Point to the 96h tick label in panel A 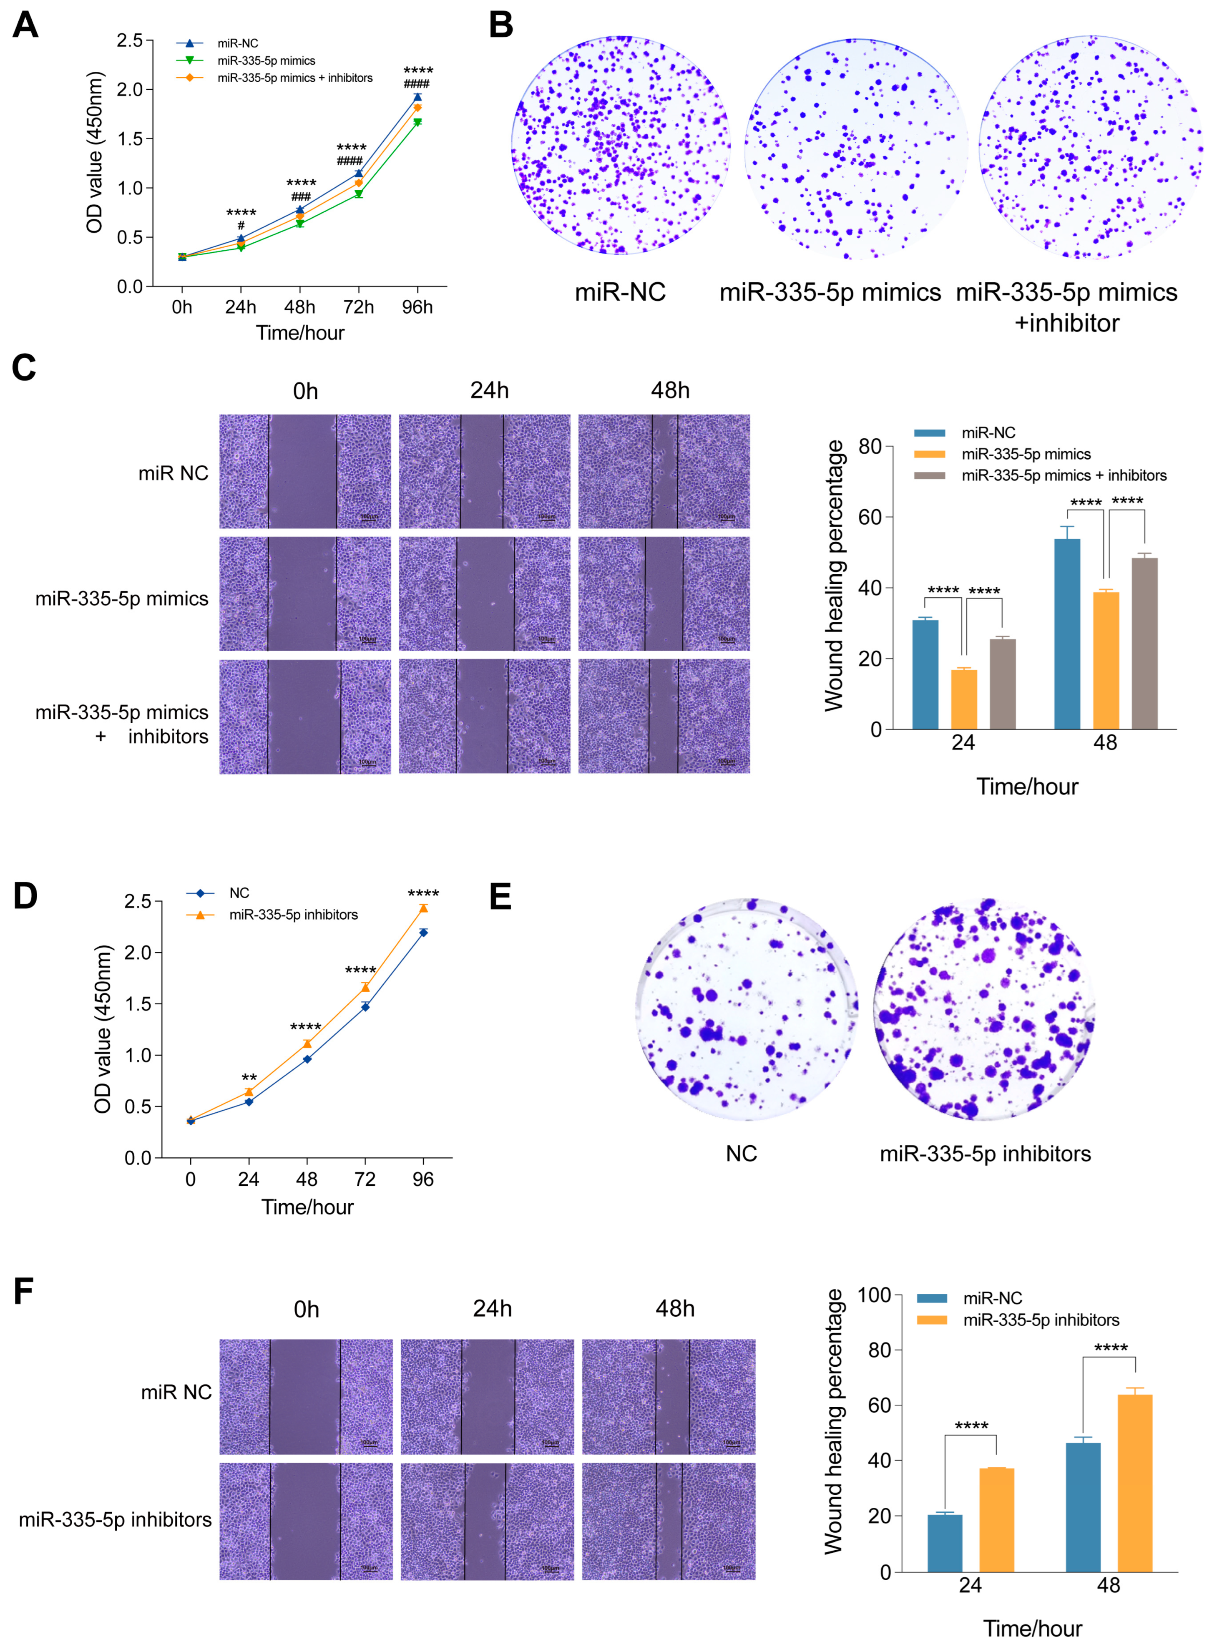point(417,307)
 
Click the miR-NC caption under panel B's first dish point(620,292)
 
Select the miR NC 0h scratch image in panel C point(304,471)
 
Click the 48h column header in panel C point(670,390)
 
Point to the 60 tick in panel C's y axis point(870,517)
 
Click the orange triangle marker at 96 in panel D point(423,908)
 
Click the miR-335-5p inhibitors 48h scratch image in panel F point(669,1520)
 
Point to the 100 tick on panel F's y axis point(873,1295)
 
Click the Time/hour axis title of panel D point(307,1207)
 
